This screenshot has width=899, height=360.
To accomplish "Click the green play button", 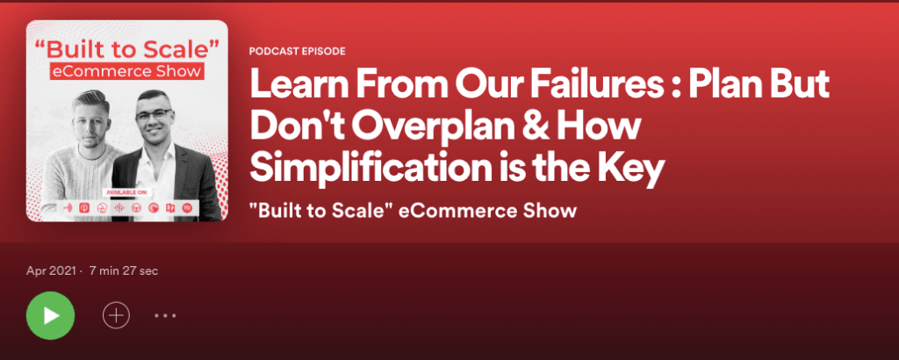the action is click(50, 315).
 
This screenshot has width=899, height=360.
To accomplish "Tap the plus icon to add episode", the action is click(117, 315).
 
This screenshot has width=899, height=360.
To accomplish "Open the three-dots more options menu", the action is click(165, 315).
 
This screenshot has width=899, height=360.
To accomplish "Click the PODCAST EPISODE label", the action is click(298, 52).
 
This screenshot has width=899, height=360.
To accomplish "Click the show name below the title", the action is click(413, 211).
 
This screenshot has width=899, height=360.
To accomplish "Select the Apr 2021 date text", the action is click(51, 270).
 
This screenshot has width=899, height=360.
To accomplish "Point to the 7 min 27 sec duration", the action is click(124, 270).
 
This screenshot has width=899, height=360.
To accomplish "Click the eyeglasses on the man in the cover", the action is click(154, 115).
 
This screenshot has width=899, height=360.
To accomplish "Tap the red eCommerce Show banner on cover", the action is click(126, 71).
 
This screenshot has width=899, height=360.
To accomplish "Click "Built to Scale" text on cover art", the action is click(126, 47).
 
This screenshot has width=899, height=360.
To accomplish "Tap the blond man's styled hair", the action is click(90, 99).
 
